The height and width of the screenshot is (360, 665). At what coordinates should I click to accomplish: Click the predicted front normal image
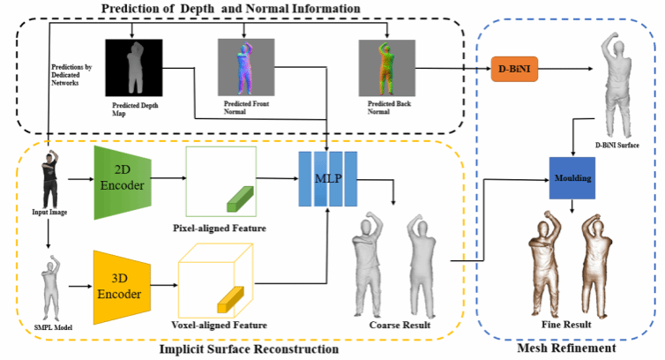[x=242, y=68]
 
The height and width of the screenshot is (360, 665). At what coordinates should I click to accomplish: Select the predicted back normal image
[x=381, y=67]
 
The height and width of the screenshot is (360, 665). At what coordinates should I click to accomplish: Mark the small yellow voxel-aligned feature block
[x=231, y=298]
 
